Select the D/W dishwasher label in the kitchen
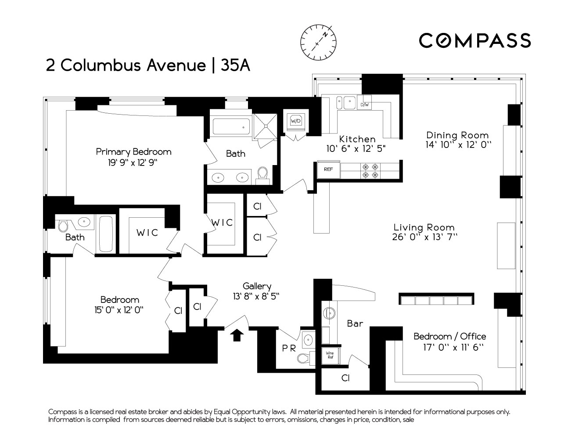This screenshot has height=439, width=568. coord(365,105)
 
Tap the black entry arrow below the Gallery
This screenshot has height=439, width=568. coord(237,335)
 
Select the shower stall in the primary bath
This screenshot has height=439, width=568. coord(265,125)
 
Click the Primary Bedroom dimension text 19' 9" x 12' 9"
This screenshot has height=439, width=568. coord(126,163)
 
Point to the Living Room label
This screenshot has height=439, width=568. coord(424,227)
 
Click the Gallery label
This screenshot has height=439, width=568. coord(257,286)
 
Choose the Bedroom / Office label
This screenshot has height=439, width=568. coord(450,336)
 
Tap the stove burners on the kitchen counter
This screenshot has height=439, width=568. coord(369,171)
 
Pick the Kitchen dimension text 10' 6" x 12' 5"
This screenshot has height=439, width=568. coord(356,149)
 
